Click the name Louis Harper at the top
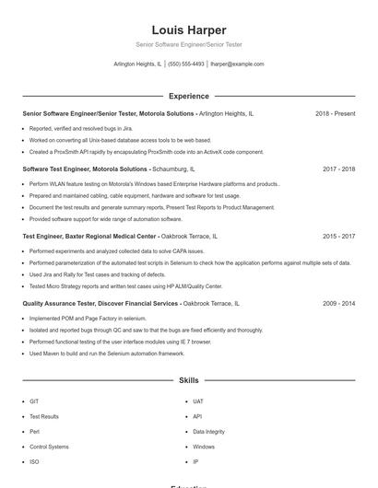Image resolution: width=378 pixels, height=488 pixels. pos(188,30)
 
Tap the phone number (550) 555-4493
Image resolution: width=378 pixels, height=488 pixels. pos(186,64)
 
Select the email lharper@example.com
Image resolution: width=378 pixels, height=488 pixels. pos(237,64)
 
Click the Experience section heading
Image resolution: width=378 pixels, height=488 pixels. pos(188,96)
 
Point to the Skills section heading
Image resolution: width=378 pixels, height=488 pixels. pos(188,379)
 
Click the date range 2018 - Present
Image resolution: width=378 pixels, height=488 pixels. pos(335,113)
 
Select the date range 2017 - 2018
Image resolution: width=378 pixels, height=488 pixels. pos(338,169)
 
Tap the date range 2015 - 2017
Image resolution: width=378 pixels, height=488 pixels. pos(338,237)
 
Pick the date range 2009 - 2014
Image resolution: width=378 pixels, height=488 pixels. pos(338,303)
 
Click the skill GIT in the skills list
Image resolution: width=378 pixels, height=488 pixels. pos(34,401)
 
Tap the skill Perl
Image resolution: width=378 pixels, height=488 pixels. pos(34,432)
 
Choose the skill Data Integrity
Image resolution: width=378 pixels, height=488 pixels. pos(208,432)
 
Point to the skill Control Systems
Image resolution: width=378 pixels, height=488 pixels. pos(49,447)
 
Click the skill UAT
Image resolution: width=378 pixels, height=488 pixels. pos(197,401)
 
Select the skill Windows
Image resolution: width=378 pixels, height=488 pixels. pos(204,447)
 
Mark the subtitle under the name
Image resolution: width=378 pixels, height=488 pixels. pos(188,44)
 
